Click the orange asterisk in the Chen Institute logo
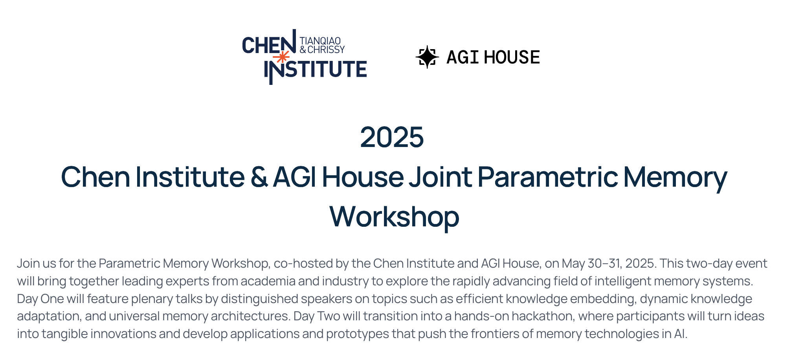coord(281,57)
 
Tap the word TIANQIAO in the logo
coord(320,41)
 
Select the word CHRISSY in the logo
coord(326,50)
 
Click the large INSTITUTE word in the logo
coord(316,70)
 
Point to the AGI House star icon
coord(427,57)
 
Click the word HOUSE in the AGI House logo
coord(512,57)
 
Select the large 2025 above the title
coord(392,137)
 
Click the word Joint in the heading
coord(441,177)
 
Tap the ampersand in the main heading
coord(259,177)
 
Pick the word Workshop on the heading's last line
coord(394,217)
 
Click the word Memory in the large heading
coord(675,178)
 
